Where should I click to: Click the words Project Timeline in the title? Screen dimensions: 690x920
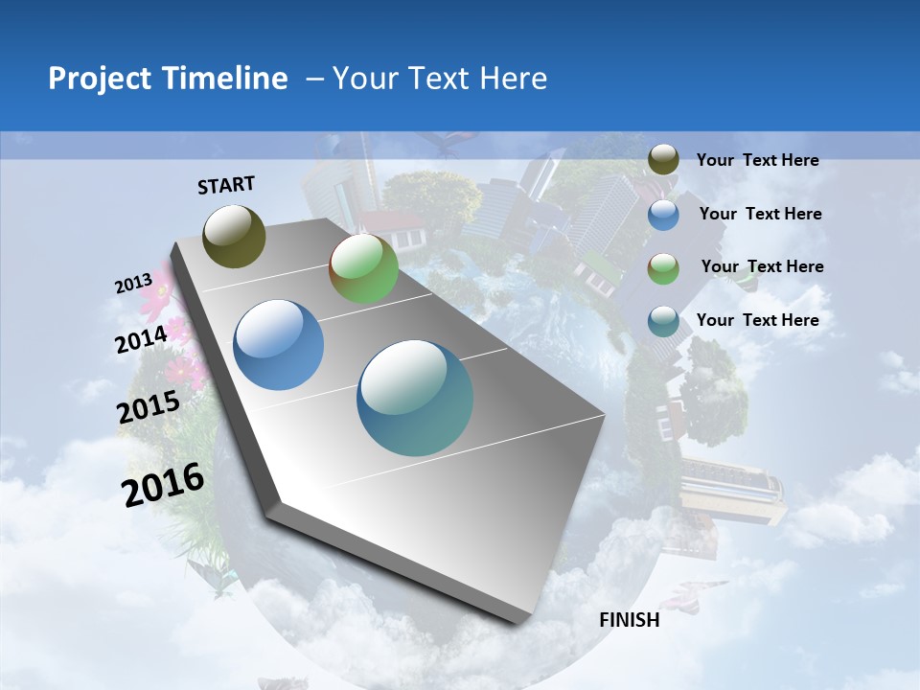168,79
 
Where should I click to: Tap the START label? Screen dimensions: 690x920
226,185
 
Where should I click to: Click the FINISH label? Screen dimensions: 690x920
630,620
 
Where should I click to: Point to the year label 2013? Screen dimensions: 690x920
133,284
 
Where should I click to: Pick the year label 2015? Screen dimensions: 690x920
149,407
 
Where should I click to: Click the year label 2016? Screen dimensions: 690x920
163,484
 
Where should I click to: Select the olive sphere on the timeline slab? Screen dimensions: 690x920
235,236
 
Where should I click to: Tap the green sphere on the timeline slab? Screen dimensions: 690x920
363,269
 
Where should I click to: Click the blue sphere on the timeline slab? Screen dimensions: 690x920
279,345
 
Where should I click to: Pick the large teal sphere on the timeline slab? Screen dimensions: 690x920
415,398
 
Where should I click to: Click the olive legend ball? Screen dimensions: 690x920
663,159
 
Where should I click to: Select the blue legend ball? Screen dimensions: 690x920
663,215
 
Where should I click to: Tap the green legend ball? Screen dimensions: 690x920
663,268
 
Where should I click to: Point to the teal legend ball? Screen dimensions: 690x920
663,320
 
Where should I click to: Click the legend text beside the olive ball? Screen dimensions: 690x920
757,160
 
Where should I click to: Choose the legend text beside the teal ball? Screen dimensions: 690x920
757,320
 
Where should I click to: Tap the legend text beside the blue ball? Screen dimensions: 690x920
760,214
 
